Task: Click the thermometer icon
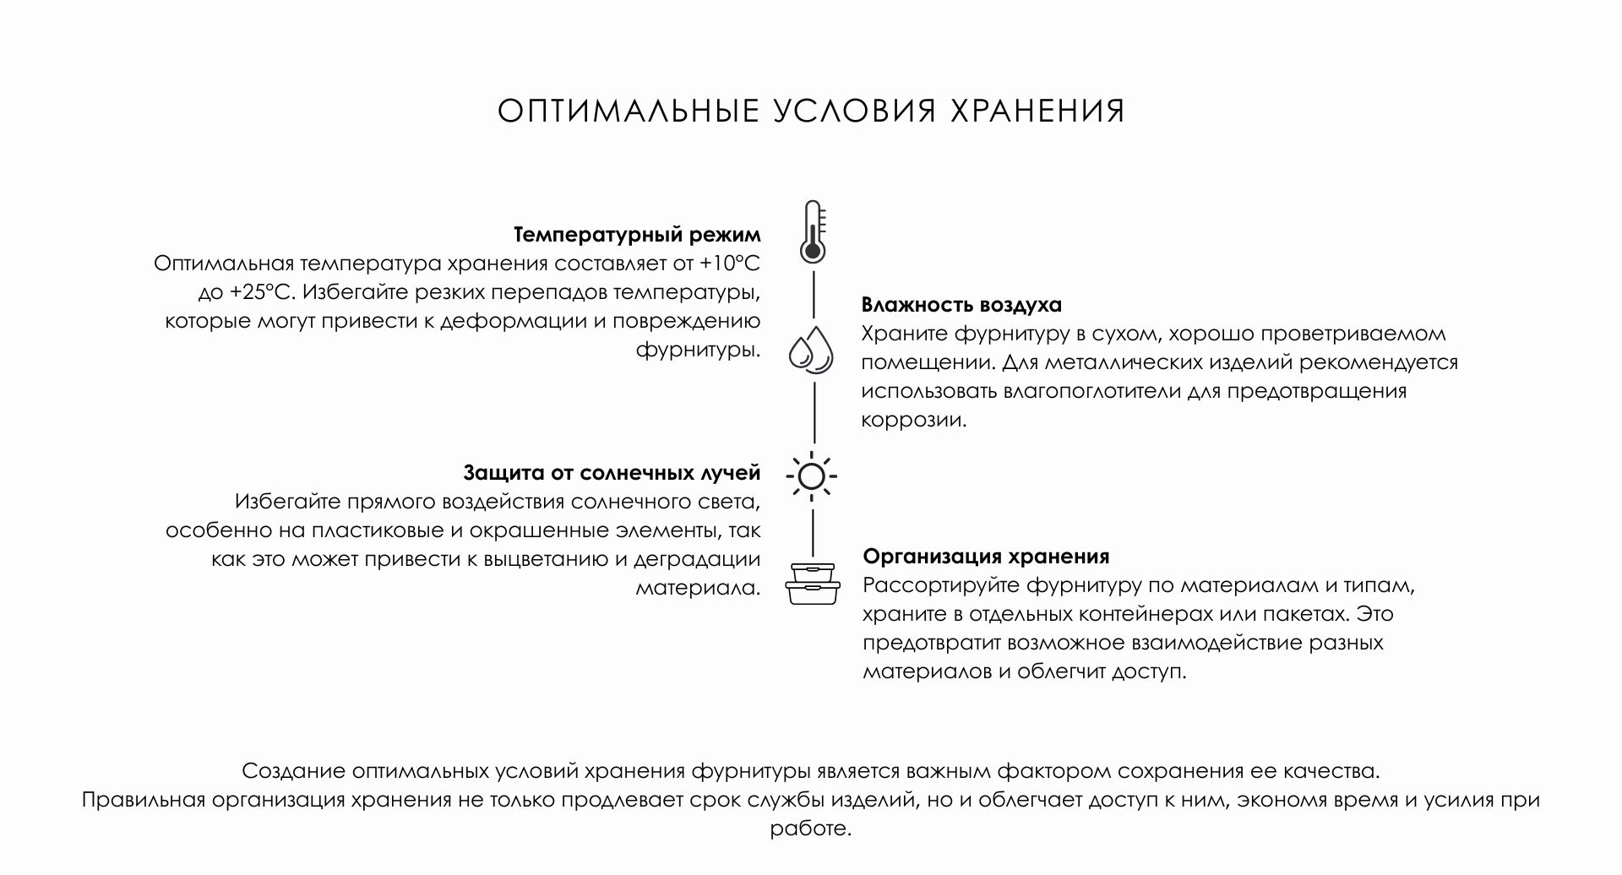coord(813,231)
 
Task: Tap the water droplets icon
coord(811,349)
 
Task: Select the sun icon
coord(812,477)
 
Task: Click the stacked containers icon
coord(813,584)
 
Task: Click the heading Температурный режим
coord(637,235)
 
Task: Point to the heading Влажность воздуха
coord(961,304)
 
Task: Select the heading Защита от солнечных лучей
coord(612,472)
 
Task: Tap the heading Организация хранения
coord(986,557)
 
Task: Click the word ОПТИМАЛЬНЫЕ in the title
coord(629,111)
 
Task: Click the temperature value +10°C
coord(730,264)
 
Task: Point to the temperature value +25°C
coord(260,292)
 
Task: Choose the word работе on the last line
coord(811,829)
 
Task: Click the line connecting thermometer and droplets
coord(814,295)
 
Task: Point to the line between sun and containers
coord(814,533)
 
